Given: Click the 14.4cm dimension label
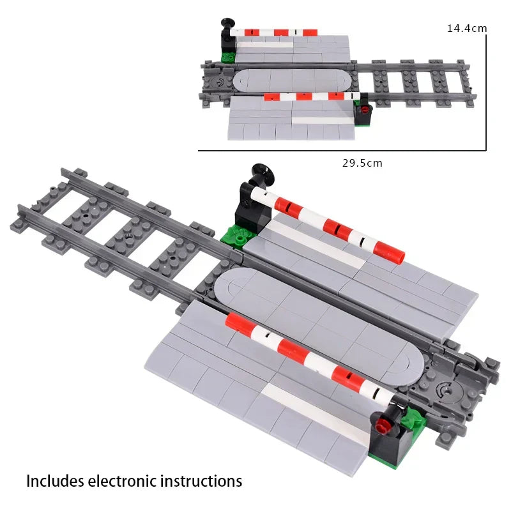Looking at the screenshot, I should (467, 28).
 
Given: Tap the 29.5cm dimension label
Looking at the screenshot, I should (362, 163).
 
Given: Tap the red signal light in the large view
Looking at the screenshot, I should (383, 424).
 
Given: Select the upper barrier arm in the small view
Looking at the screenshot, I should (275, 32).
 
